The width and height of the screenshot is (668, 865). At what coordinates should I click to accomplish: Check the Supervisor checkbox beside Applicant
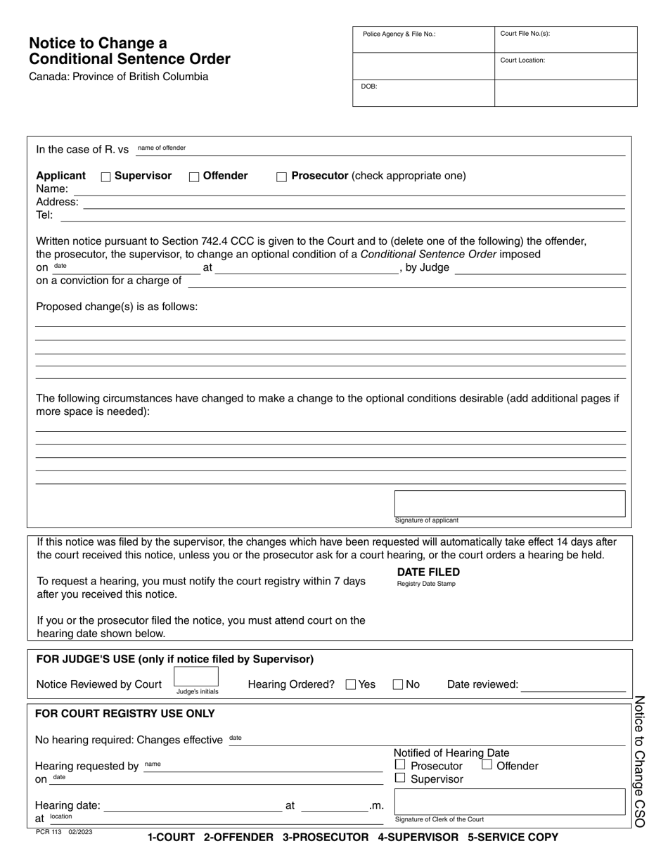[x=106, y=177]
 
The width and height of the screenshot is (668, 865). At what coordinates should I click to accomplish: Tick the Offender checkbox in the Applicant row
[x=194, y=177]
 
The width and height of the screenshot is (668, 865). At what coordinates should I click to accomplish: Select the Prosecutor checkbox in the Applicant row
[x=281, y=177]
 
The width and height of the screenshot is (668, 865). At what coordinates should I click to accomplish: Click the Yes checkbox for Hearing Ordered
[x=351, y=685]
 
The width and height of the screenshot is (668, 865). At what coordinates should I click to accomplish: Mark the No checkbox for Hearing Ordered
[x=398, y=685]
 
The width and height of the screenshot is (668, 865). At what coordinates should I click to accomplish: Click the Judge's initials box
[x=196, y=677]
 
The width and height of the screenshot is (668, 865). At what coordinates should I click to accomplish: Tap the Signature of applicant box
[x=509, y=504]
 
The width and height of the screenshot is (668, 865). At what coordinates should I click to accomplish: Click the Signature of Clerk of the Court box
[x=509, y=802]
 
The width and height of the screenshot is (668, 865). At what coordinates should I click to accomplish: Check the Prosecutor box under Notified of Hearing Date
[x=400, y=764]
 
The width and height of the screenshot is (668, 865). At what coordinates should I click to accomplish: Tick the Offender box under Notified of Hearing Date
[x=487, y=764]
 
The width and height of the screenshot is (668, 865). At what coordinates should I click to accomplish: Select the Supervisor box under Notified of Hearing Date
[x=400, y=778]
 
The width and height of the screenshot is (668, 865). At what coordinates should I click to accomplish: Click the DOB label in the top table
[x=369, y=86]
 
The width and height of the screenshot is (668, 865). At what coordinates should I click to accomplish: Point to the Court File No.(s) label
[x=525, y=34]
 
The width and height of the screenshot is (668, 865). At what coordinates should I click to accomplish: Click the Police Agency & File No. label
[x=399, y=34]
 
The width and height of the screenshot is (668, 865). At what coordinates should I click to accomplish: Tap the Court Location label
[x=522, y=60]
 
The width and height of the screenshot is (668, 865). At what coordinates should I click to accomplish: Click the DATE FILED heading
[x=428, y=572]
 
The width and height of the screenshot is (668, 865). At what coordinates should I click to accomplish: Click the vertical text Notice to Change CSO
[x=639, y=761]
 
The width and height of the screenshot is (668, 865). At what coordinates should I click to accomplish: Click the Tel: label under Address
[x=44, y=215]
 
